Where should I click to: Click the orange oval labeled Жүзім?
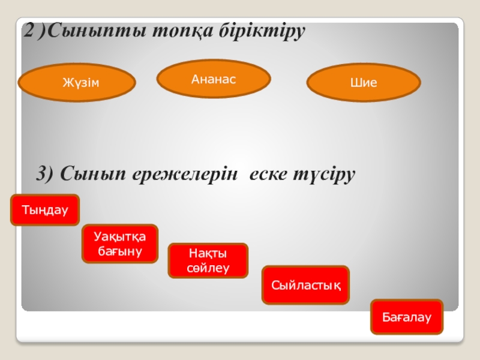tap(77, 83)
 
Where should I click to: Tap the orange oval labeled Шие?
tap(364, 83)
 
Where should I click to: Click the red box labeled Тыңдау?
tap(45, 210)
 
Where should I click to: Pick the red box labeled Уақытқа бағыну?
tap(119, 244)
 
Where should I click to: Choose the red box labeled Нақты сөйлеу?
tap(208, 260)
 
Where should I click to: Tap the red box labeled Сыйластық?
tap(306, 284)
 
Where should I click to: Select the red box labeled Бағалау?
tap(407, 316)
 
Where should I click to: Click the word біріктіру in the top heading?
tap(261, 31)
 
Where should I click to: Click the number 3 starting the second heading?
tap(43, 175)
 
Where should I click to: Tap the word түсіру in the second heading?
tap(326, 175)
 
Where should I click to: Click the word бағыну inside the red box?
tap(119, 251)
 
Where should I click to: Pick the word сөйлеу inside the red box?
tap(208, 268)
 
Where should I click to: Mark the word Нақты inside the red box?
tap(208, 254)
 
